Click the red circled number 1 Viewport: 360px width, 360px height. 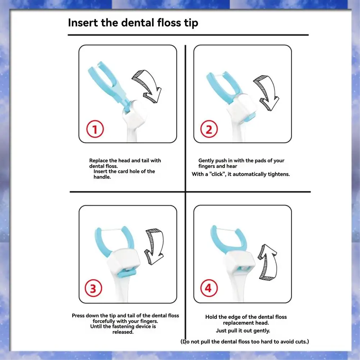point(95,129)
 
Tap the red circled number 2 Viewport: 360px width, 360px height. point(209,129)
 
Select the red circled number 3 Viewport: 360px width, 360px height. point(93,288)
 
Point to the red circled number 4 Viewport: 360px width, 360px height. point(209,288)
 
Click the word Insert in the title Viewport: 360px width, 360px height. point(83,23)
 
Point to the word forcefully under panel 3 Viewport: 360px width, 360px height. point(104,321)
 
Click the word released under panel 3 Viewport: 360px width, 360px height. point(123,332)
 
